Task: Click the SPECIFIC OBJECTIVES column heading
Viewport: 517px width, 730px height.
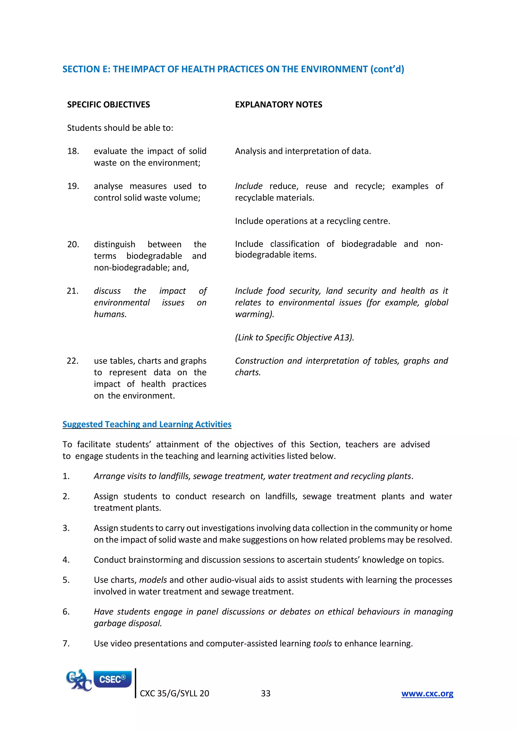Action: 108,105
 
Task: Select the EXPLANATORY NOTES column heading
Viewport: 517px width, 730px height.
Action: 278,105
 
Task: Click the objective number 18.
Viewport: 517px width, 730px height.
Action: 73,151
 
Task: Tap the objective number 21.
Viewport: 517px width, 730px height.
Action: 73,291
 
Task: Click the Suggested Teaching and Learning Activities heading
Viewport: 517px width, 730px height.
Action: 147,424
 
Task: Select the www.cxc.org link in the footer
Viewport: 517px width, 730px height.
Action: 427,693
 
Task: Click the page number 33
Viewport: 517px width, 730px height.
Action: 266,693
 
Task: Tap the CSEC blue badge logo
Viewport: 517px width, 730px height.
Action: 112,679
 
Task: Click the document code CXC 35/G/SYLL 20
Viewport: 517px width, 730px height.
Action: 174,693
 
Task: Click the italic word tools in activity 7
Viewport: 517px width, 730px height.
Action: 322,644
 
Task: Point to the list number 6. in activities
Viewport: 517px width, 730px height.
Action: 66,612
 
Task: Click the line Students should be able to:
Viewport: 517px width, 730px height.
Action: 120,128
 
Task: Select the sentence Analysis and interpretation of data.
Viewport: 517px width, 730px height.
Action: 303,151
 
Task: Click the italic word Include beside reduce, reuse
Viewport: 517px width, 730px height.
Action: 249,186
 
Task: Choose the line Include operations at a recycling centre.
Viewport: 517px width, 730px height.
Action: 312,221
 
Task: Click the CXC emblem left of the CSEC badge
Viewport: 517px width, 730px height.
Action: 78,680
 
